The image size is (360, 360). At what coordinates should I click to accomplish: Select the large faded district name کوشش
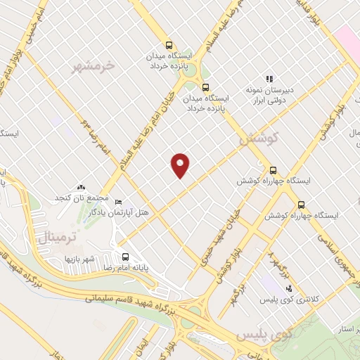[259, 139]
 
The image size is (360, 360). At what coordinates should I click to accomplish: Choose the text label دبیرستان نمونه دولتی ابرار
[268, 96]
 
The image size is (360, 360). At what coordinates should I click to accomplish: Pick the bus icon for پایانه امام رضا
[125, 257]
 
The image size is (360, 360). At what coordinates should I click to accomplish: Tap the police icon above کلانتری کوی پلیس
[288, 288]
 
